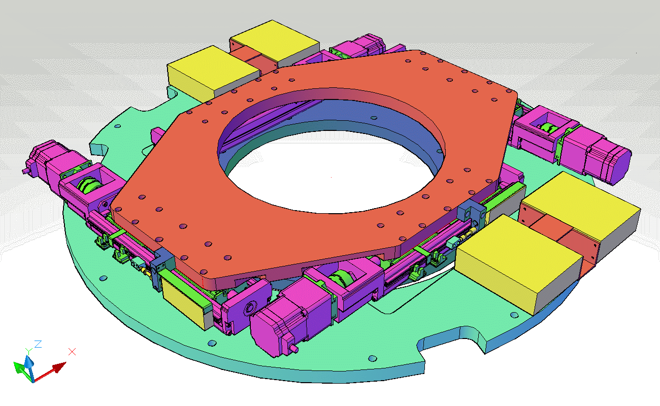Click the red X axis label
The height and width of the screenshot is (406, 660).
pos(72,352)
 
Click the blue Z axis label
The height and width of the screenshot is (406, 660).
pos(38,344)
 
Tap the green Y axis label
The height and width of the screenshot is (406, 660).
pos(28,351)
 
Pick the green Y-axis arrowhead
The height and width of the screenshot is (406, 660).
pos(18,366)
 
